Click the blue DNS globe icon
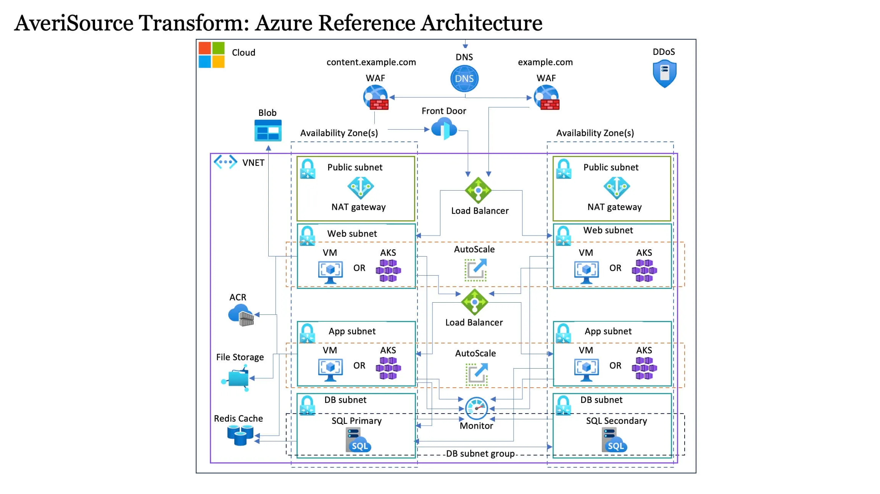tap(464, 79)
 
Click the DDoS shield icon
tap(664, 74)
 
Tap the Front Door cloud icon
tap(444, 128)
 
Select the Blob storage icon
tap(268, 131)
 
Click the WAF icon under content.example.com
tap(376, 97)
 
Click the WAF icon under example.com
tap(546, 97)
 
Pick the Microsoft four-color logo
tap(211, 55)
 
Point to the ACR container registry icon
tap(241, 315)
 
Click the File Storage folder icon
tap(237, 378)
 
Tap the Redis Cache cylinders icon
tap(240, 435)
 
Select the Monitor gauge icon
tap(476, 408)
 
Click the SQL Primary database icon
tap(358, 440)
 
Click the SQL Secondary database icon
tap(614, 440)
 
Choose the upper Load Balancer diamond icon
tap(478, 190)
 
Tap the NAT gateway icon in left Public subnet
tap(360, 188)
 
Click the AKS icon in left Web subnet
tap(388, 270)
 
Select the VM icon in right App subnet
tap(586, 369)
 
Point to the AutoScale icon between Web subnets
tap(475, 269)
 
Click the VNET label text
tap(253, 163)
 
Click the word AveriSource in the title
tap(74, 23)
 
